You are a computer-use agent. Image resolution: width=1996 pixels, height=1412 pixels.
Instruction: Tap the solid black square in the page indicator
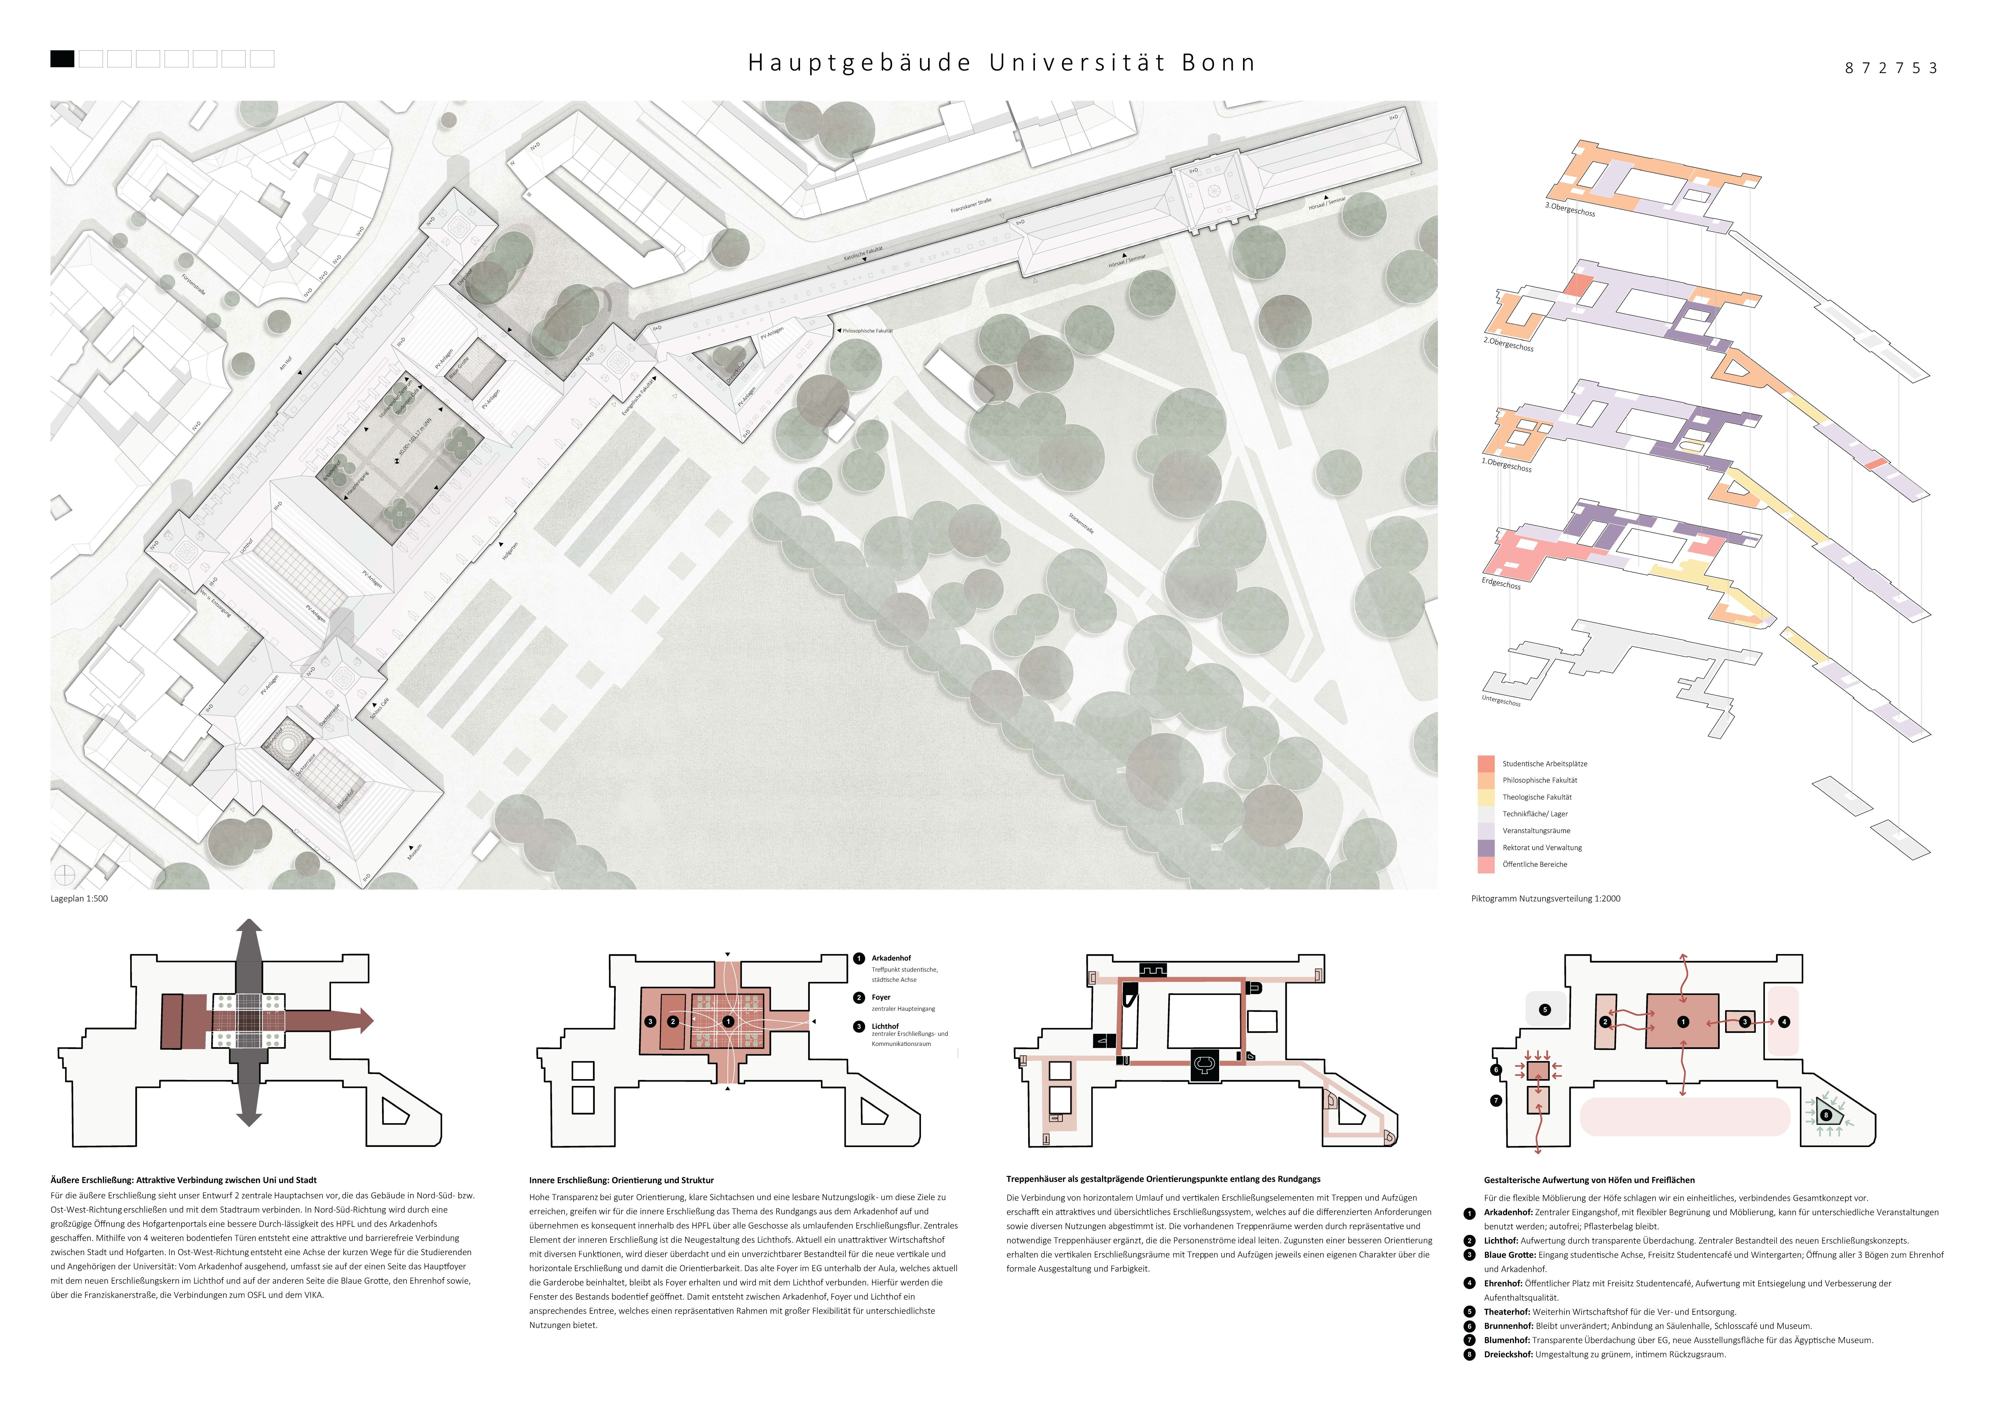[62, 59]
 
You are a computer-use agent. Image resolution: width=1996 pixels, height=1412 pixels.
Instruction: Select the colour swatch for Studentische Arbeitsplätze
[1486, 763]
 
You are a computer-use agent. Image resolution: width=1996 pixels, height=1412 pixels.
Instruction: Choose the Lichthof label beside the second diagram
[885, 1026]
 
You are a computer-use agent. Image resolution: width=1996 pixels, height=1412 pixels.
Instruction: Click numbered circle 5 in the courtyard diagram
[1545, 1009]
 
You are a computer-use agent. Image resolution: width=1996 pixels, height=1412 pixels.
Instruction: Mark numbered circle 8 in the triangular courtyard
[1826, 1115]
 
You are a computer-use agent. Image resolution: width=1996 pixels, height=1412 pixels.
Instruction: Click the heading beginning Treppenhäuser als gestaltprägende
[1162, 1179]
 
